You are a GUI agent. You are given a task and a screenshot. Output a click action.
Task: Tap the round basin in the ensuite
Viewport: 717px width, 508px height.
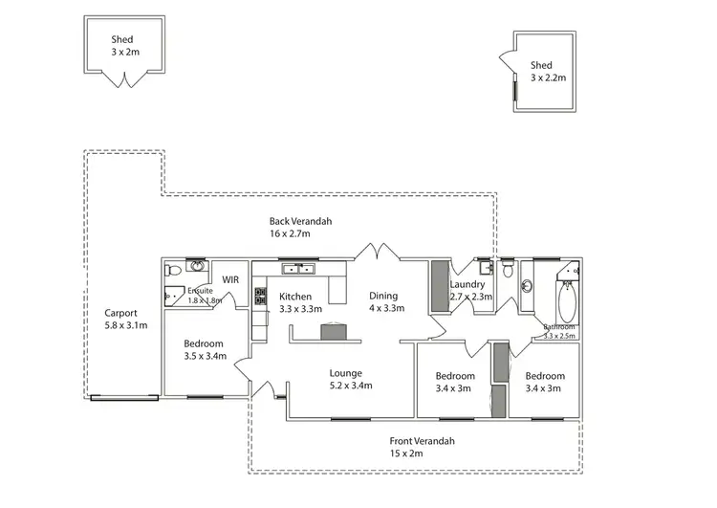pos(197,266)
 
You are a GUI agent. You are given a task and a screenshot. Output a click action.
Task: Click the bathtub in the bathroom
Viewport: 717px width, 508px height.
pos(566,299)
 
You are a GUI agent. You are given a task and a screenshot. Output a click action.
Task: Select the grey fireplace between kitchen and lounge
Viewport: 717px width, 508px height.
pos(334,331)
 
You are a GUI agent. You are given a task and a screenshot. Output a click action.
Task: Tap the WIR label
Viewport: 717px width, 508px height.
pos(230,279)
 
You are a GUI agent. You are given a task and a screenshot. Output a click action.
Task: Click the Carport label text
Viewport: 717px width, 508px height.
pos(121,313)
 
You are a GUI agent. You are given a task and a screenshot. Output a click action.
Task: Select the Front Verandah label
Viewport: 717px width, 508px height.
pos(422,441)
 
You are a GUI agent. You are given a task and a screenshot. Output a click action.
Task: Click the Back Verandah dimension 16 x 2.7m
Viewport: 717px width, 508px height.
pos(300,232)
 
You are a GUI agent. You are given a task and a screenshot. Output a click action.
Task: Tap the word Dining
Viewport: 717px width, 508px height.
pos(383,296)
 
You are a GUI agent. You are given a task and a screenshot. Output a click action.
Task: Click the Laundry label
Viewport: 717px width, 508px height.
pos(469,284)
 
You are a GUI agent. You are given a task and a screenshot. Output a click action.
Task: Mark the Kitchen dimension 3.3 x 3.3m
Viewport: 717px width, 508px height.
pos(300,309)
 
